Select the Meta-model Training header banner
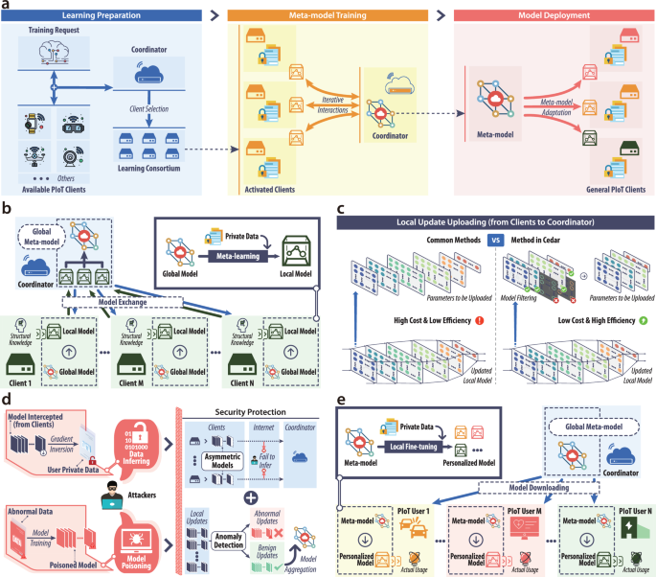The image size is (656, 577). (x=330, y=17)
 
